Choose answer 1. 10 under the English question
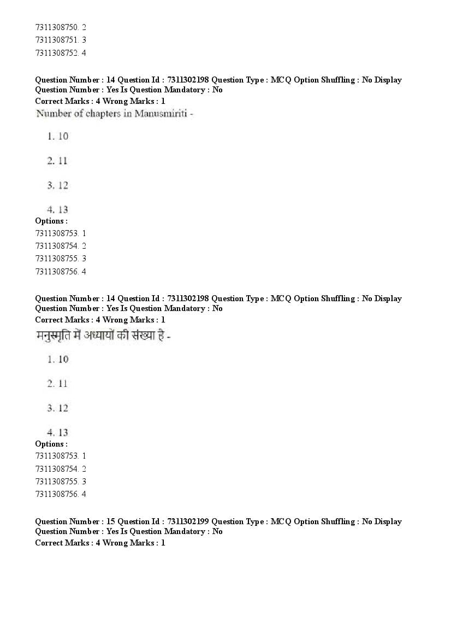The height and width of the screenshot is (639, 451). pos(58,136)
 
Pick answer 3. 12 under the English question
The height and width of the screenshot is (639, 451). pos(58,185)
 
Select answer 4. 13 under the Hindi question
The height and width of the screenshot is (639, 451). pos(58,432)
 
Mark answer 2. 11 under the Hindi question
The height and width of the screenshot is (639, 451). pos(58,384)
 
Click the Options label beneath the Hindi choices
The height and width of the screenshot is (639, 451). pos(51,444)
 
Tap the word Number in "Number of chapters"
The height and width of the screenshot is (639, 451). pos(51,114)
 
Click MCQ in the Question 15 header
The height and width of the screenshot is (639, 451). pos(281,521)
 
